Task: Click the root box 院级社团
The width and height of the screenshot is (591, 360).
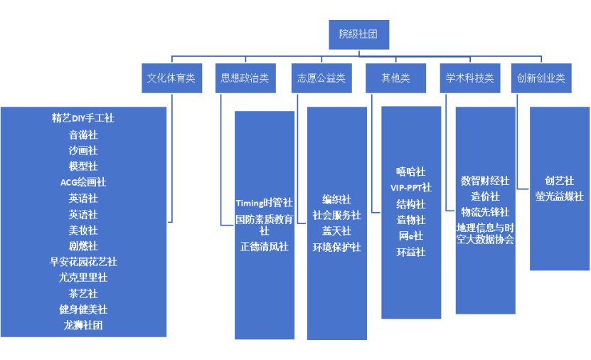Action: point(358,34)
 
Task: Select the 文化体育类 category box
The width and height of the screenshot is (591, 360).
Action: point(171,78)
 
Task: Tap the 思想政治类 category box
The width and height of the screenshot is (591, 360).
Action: point(245,78)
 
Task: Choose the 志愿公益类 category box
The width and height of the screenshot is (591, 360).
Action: point(321,78)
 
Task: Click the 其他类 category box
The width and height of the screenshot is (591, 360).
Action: point(396,78)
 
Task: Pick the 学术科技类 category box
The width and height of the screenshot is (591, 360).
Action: point(469,78)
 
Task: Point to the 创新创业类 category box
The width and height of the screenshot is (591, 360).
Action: point(541,78)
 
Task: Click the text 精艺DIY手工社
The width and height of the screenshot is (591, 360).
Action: point(83,118)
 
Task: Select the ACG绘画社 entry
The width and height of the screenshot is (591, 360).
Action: point(83,182)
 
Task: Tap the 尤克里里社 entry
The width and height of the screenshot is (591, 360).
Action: point(83,277)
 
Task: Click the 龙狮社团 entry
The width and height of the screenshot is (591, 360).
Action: point(83,325)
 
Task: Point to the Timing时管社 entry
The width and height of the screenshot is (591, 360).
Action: point(264,203)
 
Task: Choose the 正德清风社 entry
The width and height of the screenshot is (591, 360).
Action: point(264,247)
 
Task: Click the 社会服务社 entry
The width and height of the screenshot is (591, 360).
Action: point(336,215)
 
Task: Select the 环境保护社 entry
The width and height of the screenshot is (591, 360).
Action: point(336,247)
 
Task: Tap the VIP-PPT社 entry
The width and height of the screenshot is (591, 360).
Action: point(411,188)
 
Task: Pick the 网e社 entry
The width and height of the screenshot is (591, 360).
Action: point(411,235)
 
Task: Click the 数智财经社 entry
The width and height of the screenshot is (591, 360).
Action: point(485,181)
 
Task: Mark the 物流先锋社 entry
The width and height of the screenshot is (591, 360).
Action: point(485,212)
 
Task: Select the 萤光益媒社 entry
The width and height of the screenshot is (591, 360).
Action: point(559,196)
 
